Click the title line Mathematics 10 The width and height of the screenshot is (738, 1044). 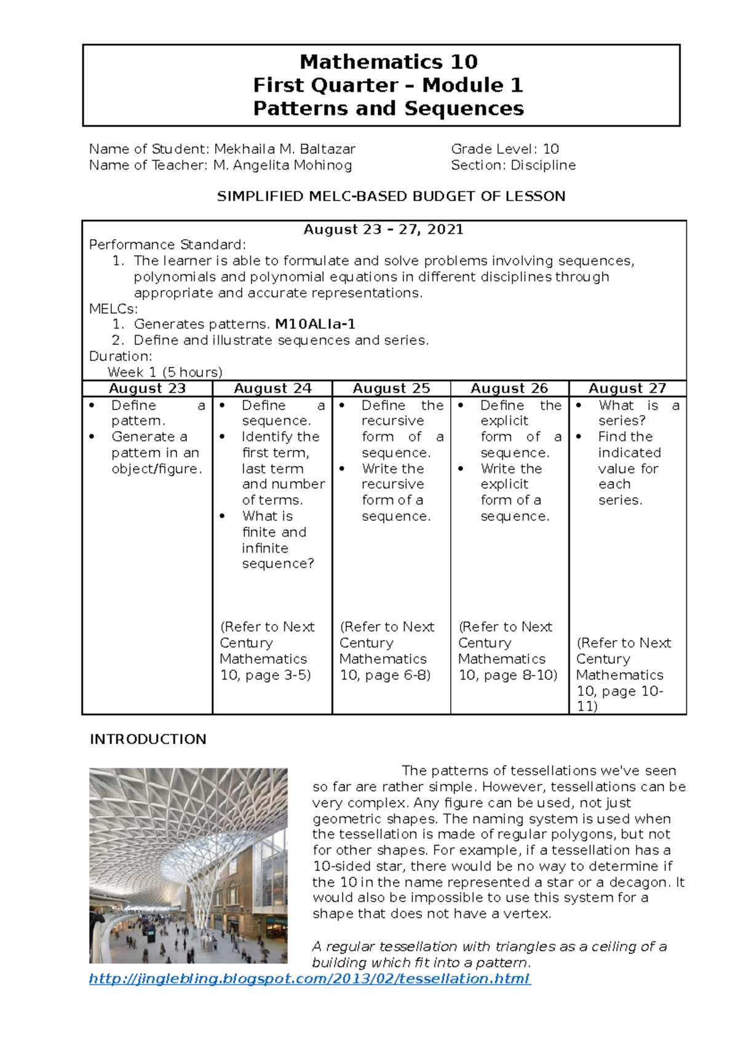point(388,62)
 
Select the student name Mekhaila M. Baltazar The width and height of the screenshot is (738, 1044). point(284,149)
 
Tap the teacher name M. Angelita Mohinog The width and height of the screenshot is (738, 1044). point(282,165)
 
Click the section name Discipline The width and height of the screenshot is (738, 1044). point(543,165)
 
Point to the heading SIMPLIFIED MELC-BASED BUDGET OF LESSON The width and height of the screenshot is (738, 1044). point(391,197)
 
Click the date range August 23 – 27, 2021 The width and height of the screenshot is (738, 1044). point(384,230)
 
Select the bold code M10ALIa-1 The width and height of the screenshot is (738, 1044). point(315,324)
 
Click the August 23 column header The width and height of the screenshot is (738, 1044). point(147,389)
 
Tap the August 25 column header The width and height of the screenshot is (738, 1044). point(391,389)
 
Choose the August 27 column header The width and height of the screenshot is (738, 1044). point(627,389)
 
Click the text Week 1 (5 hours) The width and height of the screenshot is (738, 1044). point(165,373)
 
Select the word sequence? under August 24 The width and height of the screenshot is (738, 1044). point(278,564)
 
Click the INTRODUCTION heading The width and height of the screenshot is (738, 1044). point(148,740)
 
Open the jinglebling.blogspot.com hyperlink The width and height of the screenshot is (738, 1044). point(309,979)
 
